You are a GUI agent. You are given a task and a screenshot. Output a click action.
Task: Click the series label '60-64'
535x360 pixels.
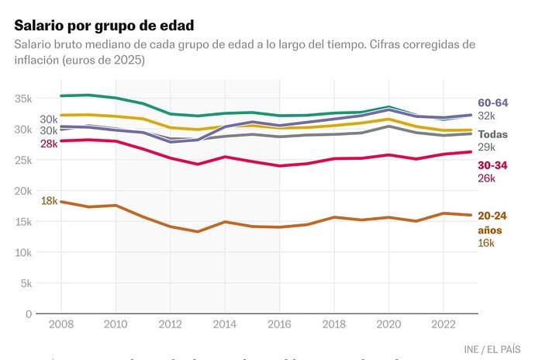coord(494,102)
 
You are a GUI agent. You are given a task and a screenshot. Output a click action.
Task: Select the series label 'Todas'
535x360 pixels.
coord(493,134)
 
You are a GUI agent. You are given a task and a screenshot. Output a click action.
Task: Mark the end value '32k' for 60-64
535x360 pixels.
coord(486,116)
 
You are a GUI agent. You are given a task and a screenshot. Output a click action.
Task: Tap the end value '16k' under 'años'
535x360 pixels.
coord(486,244)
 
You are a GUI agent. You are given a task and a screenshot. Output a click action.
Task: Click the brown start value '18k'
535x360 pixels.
coord(49,201)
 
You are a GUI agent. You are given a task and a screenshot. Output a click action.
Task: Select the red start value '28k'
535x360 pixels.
coord(49,144)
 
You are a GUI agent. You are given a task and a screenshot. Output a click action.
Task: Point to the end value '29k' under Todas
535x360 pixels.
coord(486,147)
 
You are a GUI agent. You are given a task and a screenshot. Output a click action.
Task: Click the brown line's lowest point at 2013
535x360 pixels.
coord(198,231)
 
